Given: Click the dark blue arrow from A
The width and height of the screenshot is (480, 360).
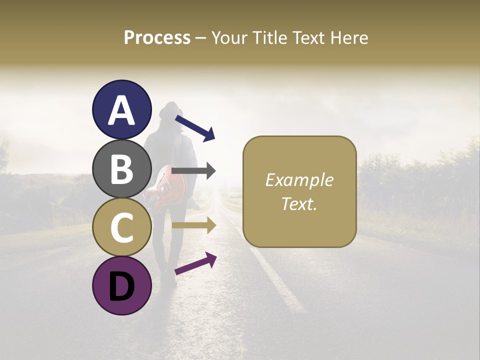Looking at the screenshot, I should point(195,128).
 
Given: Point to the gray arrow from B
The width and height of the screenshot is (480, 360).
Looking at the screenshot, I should point(194,171).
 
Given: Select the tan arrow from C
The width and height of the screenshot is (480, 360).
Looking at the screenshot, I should point(194,226).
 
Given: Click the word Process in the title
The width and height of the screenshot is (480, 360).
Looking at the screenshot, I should point(157,38).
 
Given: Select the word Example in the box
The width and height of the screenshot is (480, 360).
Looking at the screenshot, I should point(299,180).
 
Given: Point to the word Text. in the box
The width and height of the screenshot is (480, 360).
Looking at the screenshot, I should point(299,203).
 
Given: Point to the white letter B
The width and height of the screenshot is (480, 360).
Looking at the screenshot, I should point(122,169).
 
